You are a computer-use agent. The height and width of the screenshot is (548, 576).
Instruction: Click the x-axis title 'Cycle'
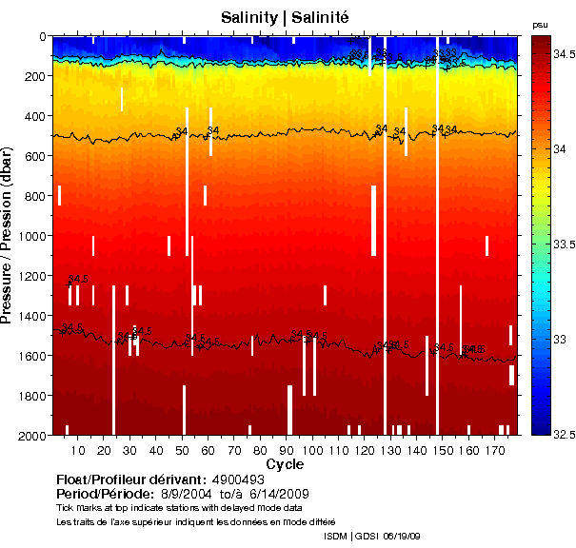285,463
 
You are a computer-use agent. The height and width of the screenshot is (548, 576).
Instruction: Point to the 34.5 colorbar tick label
564,55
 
